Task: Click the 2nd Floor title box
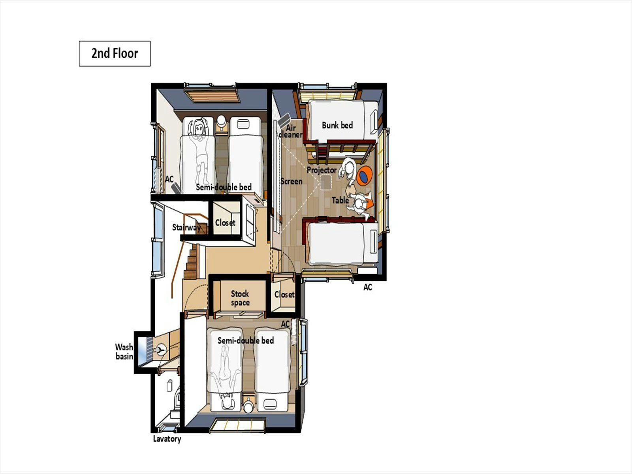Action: pyautogui.click(x=115, y=54)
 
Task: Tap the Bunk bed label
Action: pyautogui.click(x=337, y=125)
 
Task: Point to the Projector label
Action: pyautogui.click(x=321, y=170)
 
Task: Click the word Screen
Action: pyautogui.click(x=292, y=181)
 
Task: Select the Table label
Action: pyautogui.click(x=340, y=200)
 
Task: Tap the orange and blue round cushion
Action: pyautogui.click(x=365, y=175)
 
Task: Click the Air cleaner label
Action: pyautogui.click(x=291, y=131)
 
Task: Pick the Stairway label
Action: pyautogui.click(x=186, y=228)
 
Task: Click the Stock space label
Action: pyautogui.click(x=240, y=298)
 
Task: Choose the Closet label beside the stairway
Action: pyautogui.click(x=225, y=222)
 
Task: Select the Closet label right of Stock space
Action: pyautogui.click(x=284, y=294)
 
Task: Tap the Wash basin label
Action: pyautogui.click(x=124, y=352)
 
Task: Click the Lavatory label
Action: pyautogui.click(x=167, y=439)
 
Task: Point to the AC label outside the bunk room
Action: pyautogui.click(x=368, y=287)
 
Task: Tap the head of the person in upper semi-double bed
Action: pyautogui.click(x=199, y=128)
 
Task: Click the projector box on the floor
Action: pyautogui.click(x=325, y=182)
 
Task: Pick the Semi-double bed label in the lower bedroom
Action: pyautogui.click(x=246, y=340)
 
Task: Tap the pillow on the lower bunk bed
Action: pyautogui.click(x=373, y=242)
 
